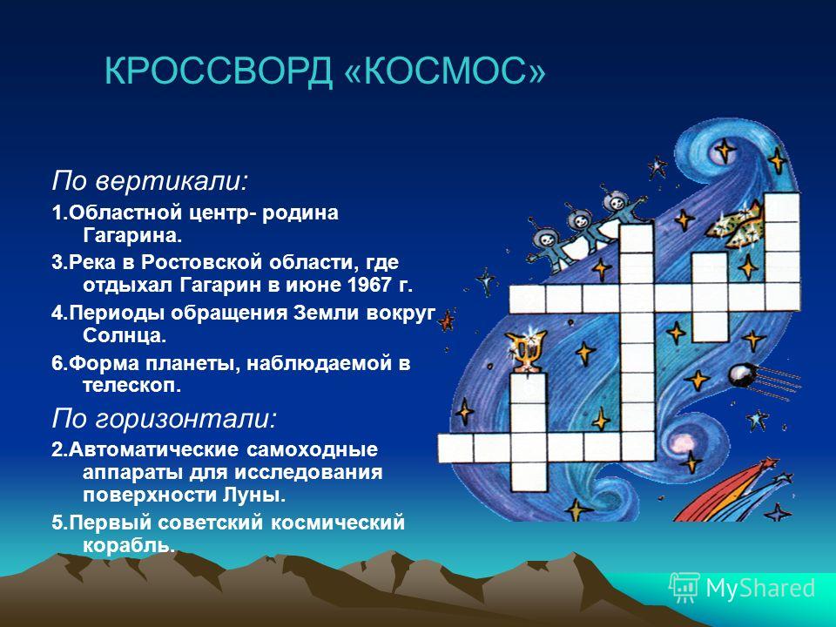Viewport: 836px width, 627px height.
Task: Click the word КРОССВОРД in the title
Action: tap(219, 71)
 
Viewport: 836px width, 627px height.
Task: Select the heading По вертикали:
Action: tap(150, 181)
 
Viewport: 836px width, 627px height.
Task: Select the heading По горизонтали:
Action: tap(165, 419)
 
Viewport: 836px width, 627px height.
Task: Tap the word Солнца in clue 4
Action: tap(125, 335)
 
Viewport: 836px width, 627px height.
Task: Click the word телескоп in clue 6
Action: tap(131, 385)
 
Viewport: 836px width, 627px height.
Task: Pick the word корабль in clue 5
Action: tap(129, 545)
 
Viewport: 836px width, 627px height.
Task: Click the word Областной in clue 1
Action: tap(127, 212)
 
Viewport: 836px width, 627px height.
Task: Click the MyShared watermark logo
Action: tap(742, 588)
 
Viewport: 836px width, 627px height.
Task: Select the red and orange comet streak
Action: tap(730, 490)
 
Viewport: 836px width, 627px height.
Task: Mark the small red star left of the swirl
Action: tap(446, 320)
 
